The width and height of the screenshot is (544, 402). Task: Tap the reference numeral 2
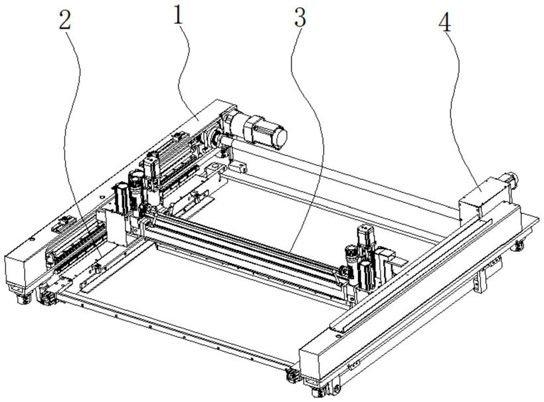tap(64, 20)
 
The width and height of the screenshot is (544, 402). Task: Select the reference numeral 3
tap(300, 18)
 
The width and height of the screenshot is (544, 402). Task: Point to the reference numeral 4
tap(444, 23)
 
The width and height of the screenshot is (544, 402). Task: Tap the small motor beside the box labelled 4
tap(511, 179)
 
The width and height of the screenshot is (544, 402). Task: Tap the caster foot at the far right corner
tap(516, 247)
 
